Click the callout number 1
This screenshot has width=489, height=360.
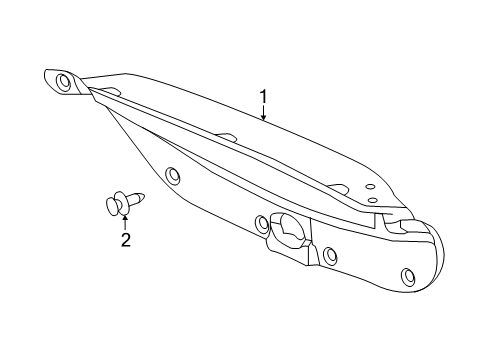(263, 98)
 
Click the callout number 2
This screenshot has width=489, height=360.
(125, 239)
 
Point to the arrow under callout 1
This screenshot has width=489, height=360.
(263, 114)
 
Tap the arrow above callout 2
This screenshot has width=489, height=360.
(125, 221)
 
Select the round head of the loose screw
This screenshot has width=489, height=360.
(113, 206)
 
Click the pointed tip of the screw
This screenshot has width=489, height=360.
(146, 196)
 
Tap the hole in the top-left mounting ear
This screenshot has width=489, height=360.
(65, 81)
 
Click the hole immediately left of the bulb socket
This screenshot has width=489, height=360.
(262, 222)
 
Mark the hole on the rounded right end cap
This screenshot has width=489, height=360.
(407, 276)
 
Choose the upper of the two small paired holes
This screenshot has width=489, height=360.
(369, 187)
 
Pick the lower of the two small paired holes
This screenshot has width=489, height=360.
(373, 200)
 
